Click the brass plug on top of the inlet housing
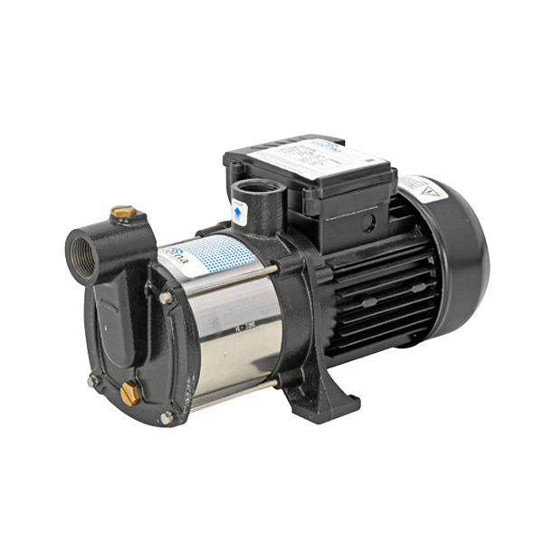119,213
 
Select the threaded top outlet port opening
248,196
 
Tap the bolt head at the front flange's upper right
167,297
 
